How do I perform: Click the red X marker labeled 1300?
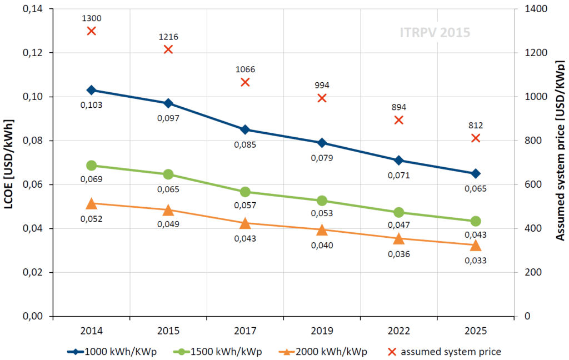[x=92, y=31]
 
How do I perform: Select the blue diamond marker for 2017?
[x=245, y=129]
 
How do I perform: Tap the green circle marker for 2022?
[x=398, y=212]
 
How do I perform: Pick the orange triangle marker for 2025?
[x=476, y=245]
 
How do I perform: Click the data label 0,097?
[x=168, y=118]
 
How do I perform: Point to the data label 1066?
[x=245, y=69]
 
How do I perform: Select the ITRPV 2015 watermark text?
[x=435, y=32]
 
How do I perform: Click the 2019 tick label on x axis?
[x=322, y=331]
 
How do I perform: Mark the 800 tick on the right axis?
[x=529, y=141]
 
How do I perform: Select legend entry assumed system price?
[x=451, y=351]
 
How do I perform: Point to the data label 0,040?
[x=322, y=245]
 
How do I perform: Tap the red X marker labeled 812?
[x=476, y=138]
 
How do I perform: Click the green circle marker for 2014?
[x=92, y=166]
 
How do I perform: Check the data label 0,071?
[x=398, y=175]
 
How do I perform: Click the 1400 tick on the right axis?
[x=531, y=9]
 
